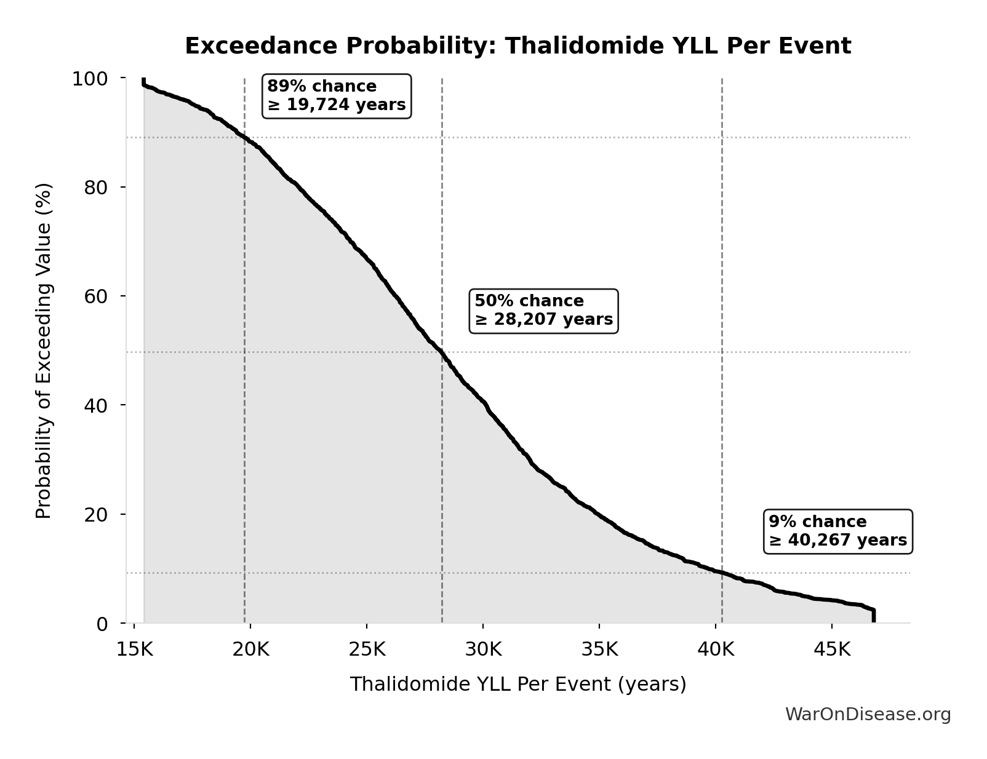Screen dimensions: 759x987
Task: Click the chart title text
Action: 517,46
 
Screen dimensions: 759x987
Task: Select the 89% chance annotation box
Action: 337,96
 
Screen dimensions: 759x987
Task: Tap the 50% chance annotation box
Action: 543,311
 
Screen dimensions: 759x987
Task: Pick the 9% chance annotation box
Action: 837,531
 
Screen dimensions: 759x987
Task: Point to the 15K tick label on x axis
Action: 135,650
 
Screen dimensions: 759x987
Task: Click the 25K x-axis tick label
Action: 367,650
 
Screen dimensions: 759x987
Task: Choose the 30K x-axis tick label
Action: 483,650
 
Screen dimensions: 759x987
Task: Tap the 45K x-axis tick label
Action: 832,650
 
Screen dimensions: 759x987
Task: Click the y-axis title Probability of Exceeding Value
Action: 44,351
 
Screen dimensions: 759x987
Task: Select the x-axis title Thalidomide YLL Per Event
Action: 517,684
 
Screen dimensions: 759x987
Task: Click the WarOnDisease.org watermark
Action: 868,714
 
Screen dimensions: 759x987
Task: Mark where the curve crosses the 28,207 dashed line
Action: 442,352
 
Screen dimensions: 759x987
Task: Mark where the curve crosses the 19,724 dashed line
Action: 245,138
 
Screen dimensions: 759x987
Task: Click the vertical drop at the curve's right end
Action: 873,616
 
